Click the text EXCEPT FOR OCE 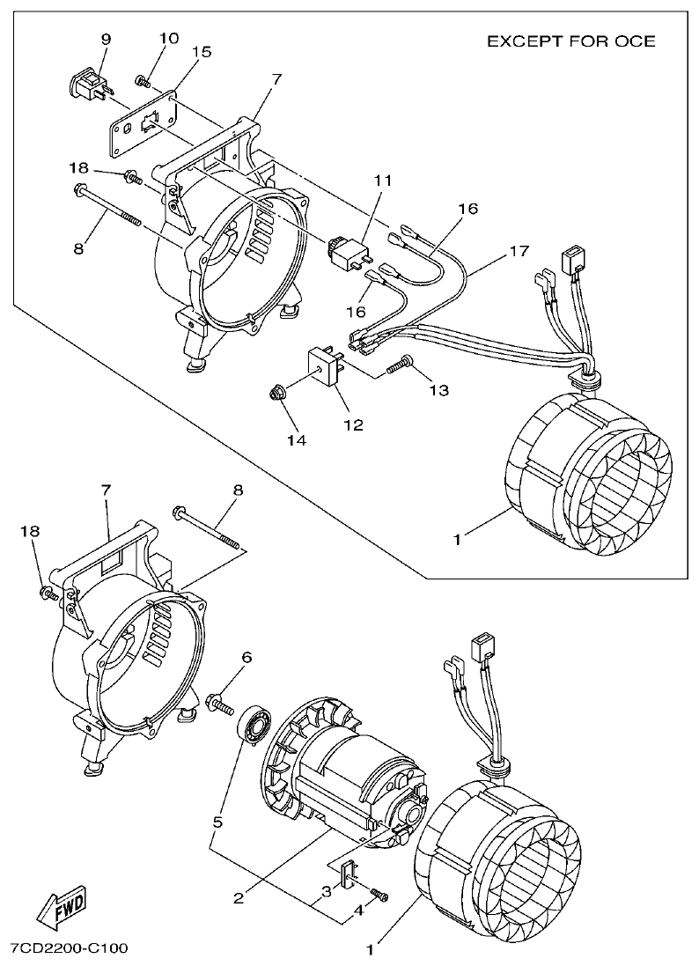pos(570,41)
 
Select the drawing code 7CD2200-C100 pos(69,948)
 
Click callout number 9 pos(107,39)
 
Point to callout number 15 pos(202,52)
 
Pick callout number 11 pos(381,180)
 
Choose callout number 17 pos(519,251)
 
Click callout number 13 pos(439,388)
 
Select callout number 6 pos(246,657)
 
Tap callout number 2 pos(238,898)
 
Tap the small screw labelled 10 pos(141,80)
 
